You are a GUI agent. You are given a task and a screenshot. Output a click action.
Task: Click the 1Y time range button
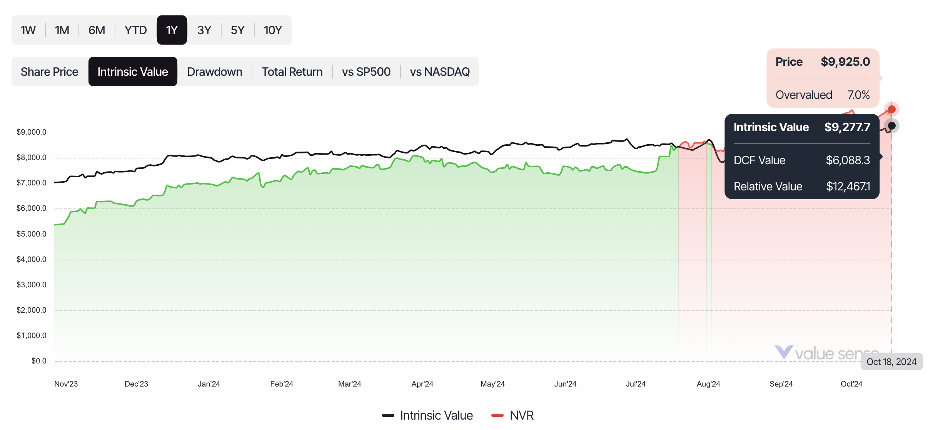(x=172, y=30)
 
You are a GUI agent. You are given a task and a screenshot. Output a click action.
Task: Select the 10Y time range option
(x=273, y=30)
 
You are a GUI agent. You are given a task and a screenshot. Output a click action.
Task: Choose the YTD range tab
(x=135, y=30)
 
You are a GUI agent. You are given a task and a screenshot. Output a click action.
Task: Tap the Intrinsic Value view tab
(x=133, y=72)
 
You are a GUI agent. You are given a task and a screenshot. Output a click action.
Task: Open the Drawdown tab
(x=215, y=72)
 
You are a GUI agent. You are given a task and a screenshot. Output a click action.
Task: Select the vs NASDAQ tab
(x=440, y=72)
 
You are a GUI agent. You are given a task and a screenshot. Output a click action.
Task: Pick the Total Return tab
(x=292, y=72)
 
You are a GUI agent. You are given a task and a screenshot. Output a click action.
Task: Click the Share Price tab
(x=50, y=72)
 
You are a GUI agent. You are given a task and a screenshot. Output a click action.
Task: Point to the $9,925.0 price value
(x=845, y=62)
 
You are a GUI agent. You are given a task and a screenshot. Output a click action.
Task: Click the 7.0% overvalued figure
(x=858, y=95)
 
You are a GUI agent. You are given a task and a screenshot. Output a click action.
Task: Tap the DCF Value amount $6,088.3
(x=848, y=160)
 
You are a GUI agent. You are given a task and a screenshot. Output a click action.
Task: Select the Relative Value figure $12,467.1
(x=848, y=187)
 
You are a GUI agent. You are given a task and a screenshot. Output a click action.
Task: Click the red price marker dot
(x=891, y=110)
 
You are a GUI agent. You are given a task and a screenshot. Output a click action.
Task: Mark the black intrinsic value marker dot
(x=891, y=126)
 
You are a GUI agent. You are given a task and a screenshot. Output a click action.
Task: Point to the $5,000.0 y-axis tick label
(x=32, y=234)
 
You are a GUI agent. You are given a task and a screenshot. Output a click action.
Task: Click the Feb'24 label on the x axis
(x=282, y=384)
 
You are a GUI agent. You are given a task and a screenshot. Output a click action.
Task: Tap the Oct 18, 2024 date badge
(x=891, y=362)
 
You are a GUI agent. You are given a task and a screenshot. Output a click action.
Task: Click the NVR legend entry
(x=513, y=415)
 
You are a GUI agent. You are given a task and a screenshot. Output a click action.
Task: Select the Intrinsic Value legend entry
(x=428, y=415)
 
